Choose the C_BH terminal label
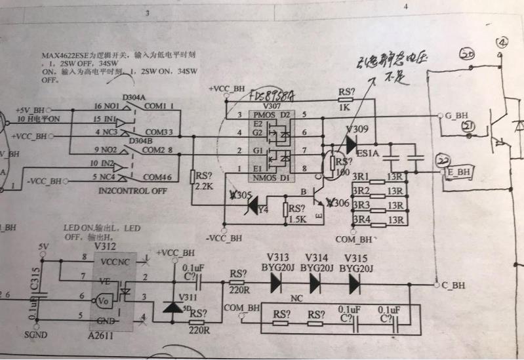pyautogui.click(x=453, y=285)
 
